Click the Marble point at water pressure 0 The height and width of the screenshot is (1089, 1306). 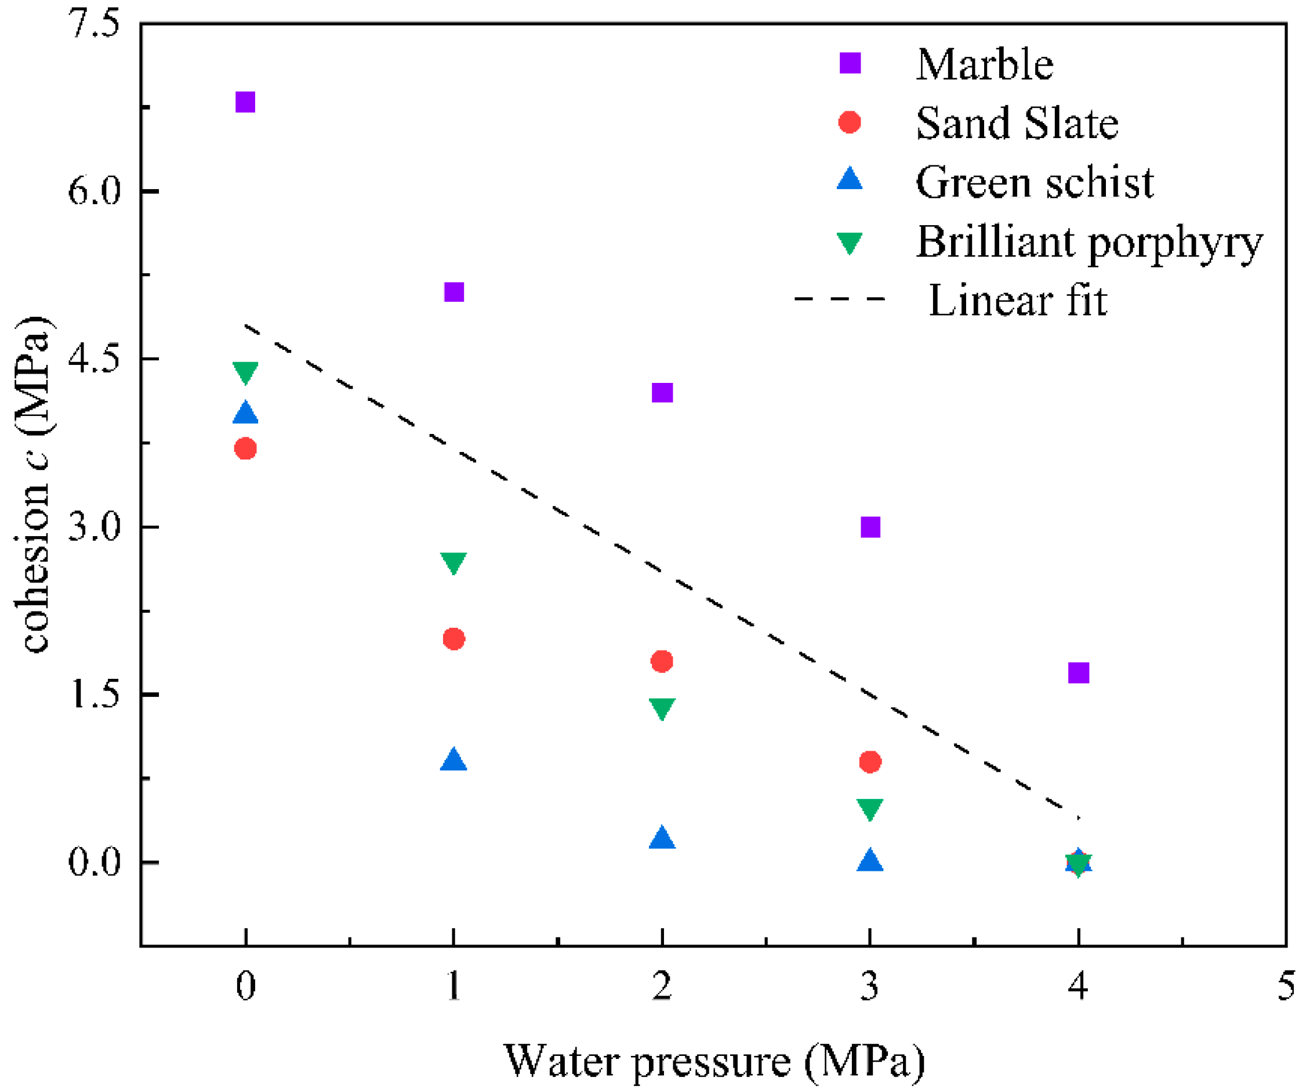[x=246, y=102]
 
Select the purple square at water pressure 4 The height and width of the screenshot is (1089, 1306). [x=1079, y=672]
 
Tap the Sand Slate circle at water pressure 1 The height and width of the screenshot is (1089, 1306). [x=454, y=638]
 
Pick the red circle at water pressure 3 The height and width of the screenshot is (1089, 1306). [x=870, y=762]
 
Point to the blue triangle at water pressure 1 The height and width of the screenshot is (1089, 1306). [x=454, y=761]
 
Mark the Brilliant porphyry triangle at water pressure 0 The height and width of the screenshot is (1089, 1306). [x=246, y=371]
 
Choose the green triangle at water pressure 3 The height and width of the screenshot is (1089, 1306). [x=870, y=809]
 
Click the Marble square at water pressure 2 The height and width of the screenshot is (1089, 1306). [x=662, y=393]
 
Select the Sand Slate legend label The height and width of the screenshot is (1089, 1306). [x=1017, y=123]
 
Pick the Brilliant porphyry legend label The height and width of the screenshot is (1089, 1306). [x=1089, y=242]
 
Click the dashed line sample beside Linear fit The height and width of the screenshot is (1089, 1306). [x=840, y=299]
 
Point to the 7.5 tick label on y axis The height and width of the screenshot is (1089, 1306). [x=93, y=25]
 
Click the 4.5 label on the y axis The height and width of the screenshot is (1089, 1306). [x=93, y=359]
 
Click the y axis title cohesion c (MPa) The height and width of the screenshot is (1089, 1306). [x=34, y=486]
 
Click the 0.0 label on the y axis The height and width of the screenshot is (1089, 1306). [x=93, y=862]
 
